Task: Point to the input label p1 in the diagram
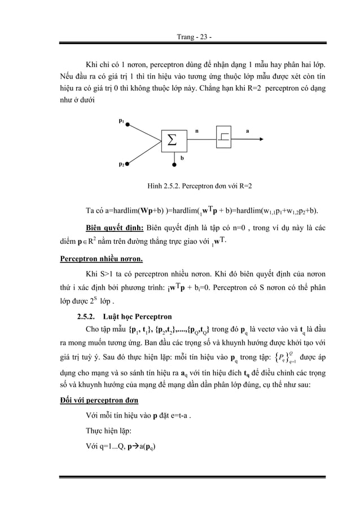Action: click(121, 120)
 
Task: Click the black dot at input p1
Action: click(128, 125)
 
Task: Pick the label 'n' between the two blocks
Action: click(196, 130)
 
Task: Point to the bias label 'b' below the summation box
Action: click(182, 159)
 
